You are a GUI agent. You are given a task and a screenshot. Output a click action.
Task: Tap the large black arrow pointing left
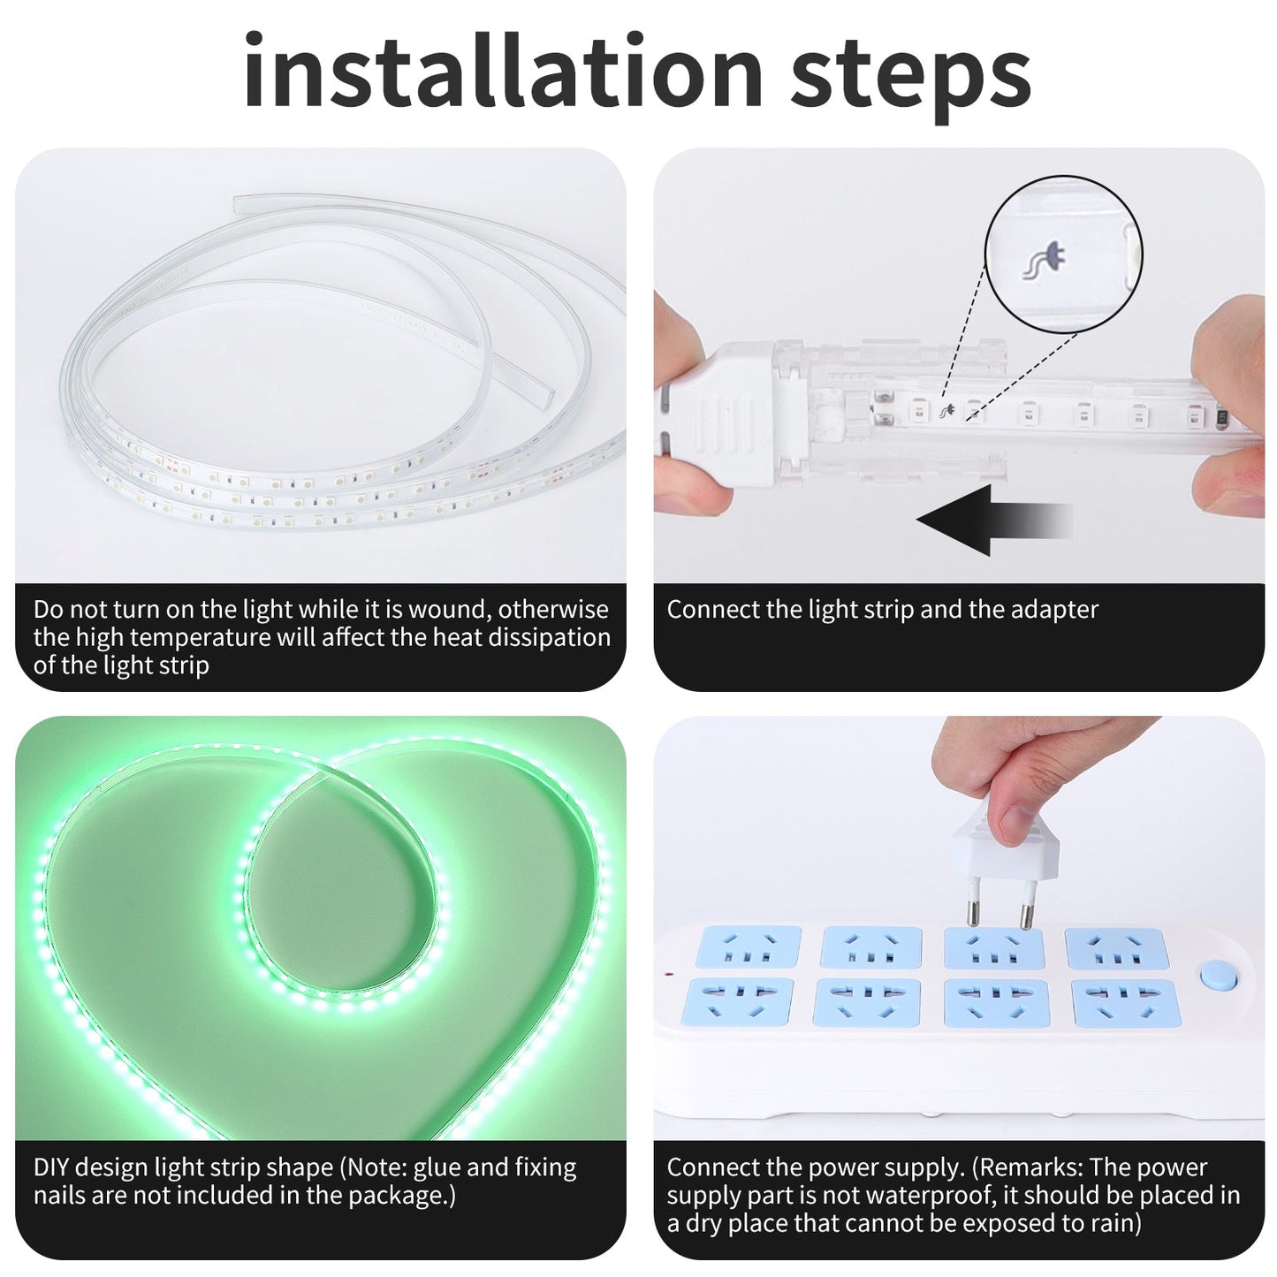pos(981,520)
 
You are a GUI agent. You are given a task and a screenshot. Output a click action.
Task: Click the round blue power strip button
pos(1216,976)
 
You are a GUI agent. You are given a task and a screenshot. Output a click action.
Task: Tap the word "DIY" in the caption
pos(51,1167)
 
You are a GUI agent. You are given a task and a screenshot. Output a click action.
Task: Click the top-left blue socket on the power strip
pos(748,946)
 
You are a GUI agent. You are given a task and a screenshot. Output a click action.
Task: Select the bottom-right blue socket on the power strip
pos(1125,1003)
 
